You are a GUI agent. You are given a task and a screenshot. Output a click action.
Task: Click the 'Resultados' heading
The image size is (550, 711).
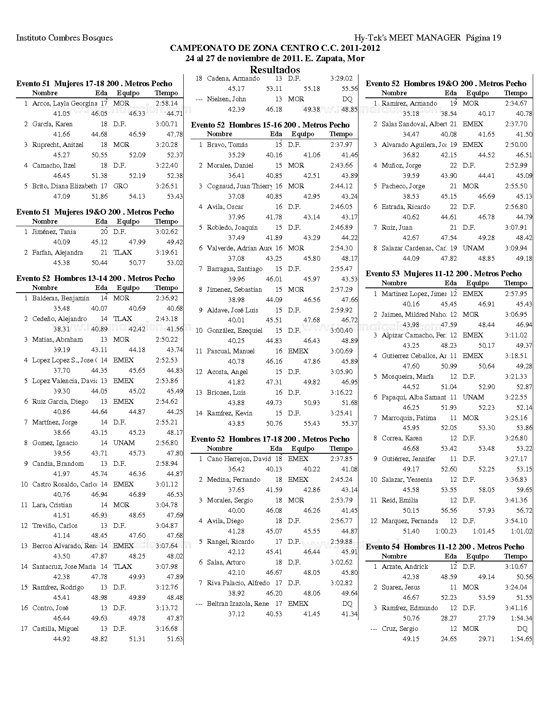[x=275, y=70]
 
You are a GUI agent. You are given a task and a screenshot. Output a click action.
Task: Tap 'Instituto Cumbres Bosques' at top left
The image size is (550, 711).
[x=64, y=38]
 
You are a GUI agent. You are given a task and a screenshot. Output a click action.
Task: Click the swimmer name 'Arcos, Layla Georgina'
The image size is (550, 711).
[x=64, y=103]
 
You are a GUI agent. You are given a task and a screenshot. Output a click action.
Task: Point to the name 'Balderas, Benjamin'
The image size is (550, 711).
[x=61, y=298]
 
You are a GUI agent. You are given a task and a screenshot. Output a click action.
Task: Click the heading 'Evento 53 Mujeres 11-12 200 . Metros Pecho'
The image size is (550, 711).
[x=443, y=274]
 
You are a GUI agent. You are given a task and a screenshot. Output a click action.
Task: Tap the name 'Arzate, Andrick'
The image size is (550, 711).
[x=405, y=567]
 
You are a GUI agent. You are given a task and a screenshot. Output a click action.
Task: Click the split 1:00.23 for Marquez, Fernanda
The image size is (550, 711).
[x=446, y=531]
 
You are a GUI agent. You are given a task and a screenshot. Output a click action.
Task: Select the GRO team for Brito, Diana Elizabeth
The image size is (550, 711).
[x=121, y=186]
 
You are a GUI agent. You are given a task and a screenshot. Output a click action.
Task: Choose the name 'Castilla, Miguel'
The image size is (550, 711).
[x=55, y=629]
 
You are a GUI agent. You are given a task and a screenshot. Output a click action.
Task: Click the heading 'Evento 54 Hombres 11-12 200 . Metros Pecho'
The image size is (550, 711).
[x=445, y=547]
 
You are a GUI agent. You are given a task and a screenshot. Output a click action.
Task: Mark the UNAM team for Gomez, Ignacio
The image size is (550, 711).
[x=124, y=443]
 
